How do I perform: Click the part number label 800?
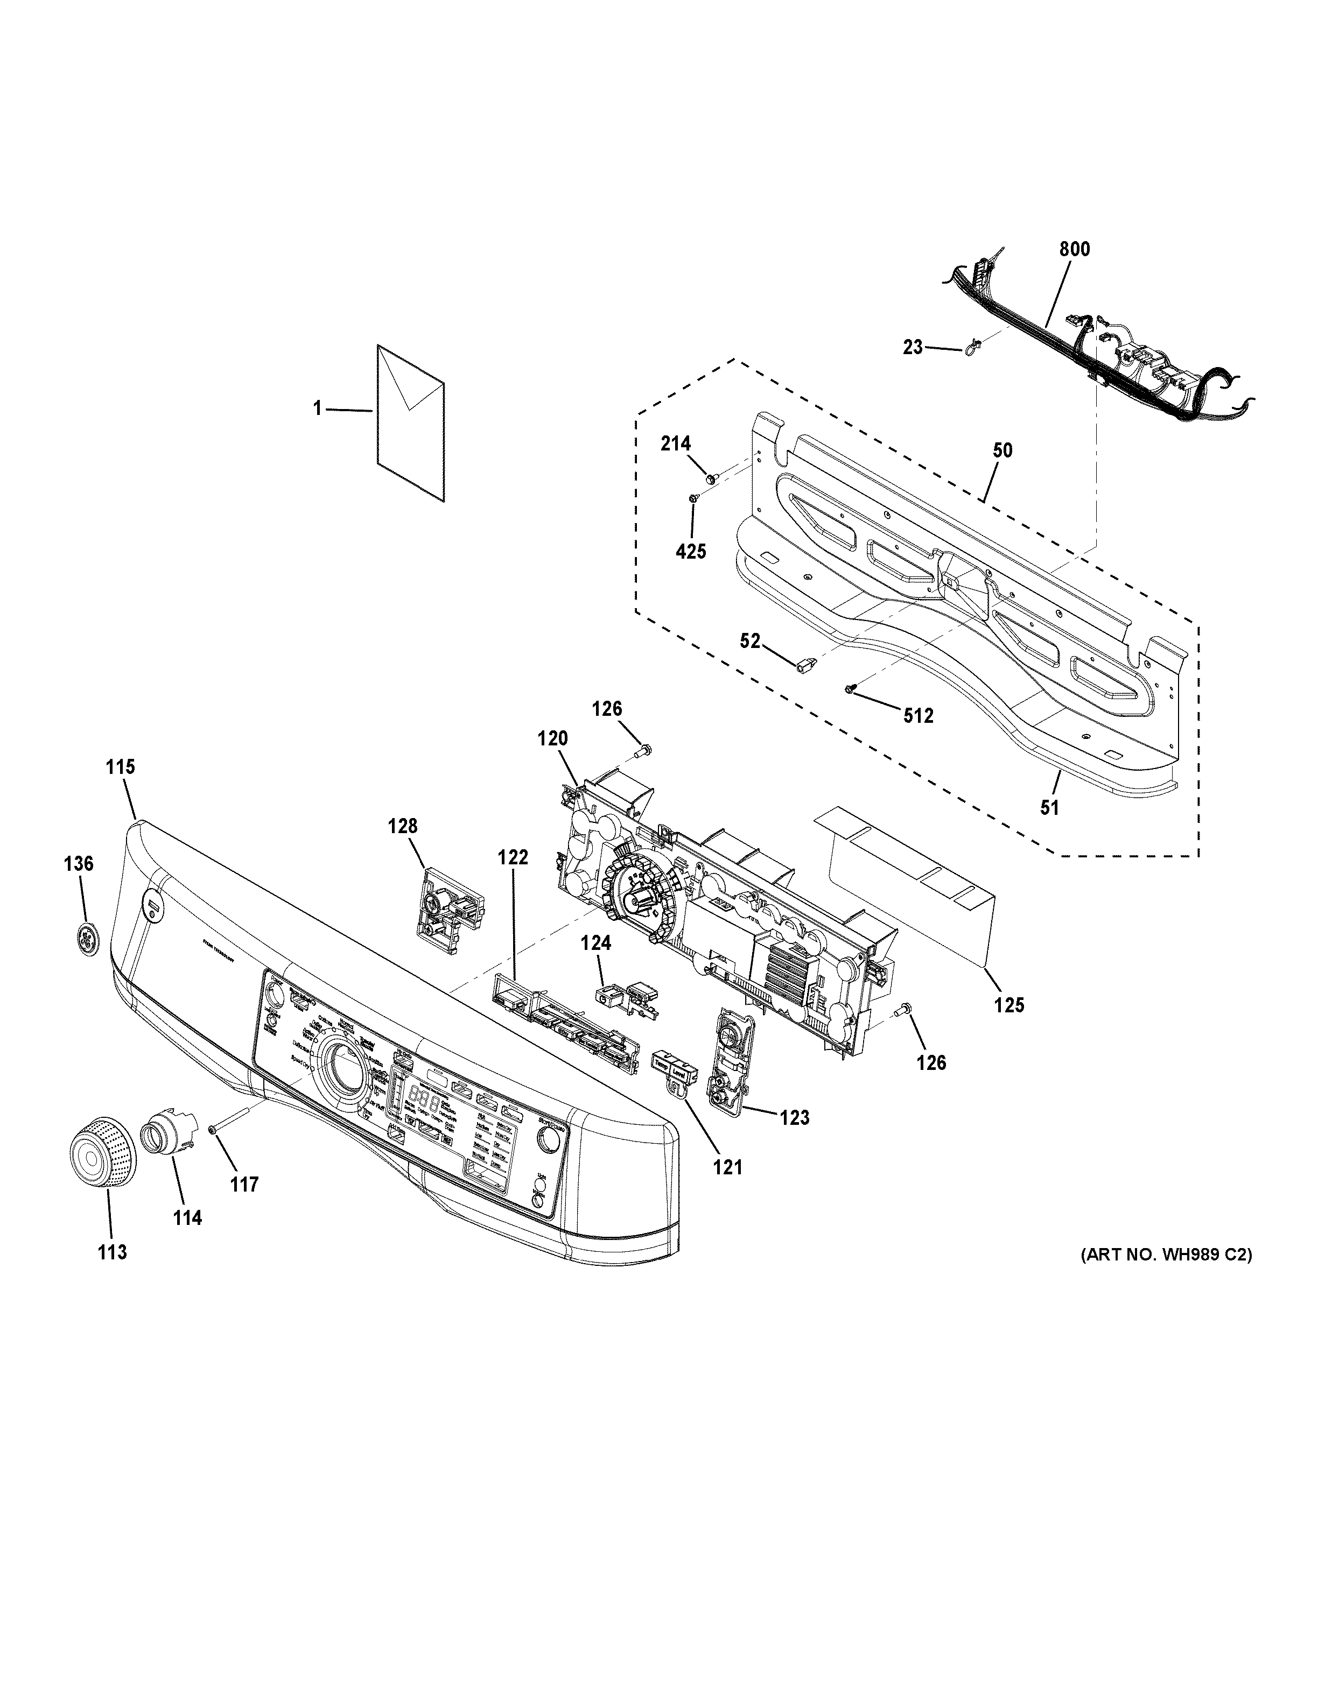pos(1075,249)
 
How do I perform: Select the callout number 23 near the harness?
pos(913,347)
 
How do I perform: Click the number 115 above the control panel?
pos(120,766)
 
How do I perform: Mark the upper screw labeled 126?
pos(643,751)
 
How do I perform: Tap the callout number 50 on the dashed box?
pos(1002,450)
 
